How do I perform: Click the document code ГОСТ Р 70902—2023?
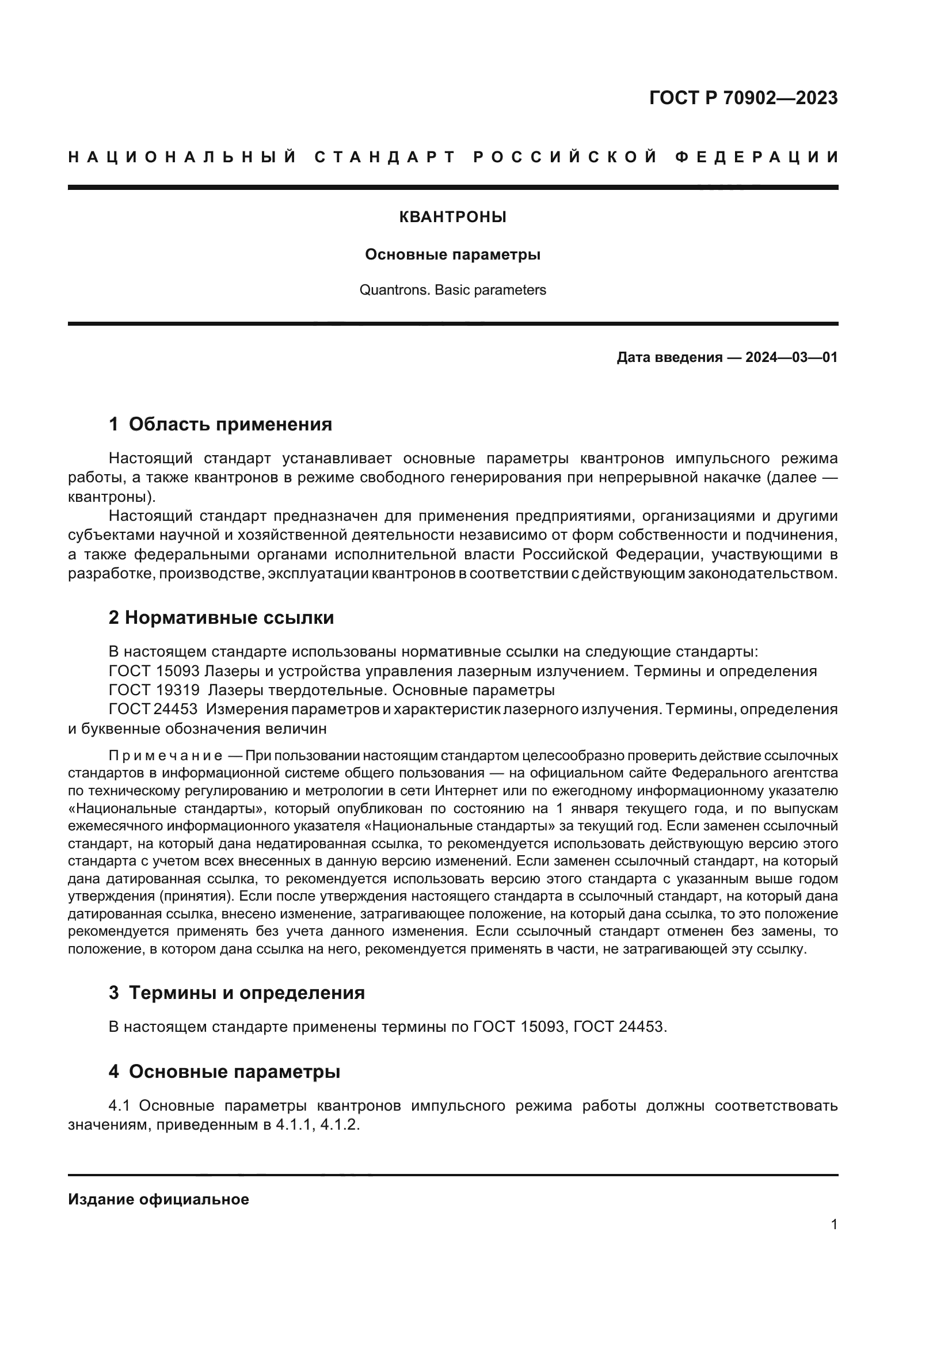pos(743,98)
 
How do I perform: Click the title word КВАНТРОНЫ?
pos(452,218)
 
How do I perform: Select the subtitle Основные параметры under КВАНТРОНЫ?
pos(452,255)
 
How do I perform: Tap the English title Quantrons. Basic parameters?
pos(452,290)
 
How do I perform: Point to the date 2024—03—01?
pos(791,357)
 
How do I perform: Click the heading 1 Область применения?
pos(220,425)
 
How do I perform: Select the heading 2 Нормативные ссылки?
pos(221,618)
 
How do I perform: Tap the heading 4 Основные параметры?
pos(224,1072)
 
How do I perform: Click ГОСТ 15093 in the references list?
pos(154,671)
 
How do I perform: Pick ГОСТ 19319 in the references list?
pos(154,690)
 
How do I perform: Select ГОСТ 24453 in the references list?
pos(154,710)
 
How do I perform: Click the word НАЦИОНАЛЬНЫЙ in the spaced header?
pos(182,157)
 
